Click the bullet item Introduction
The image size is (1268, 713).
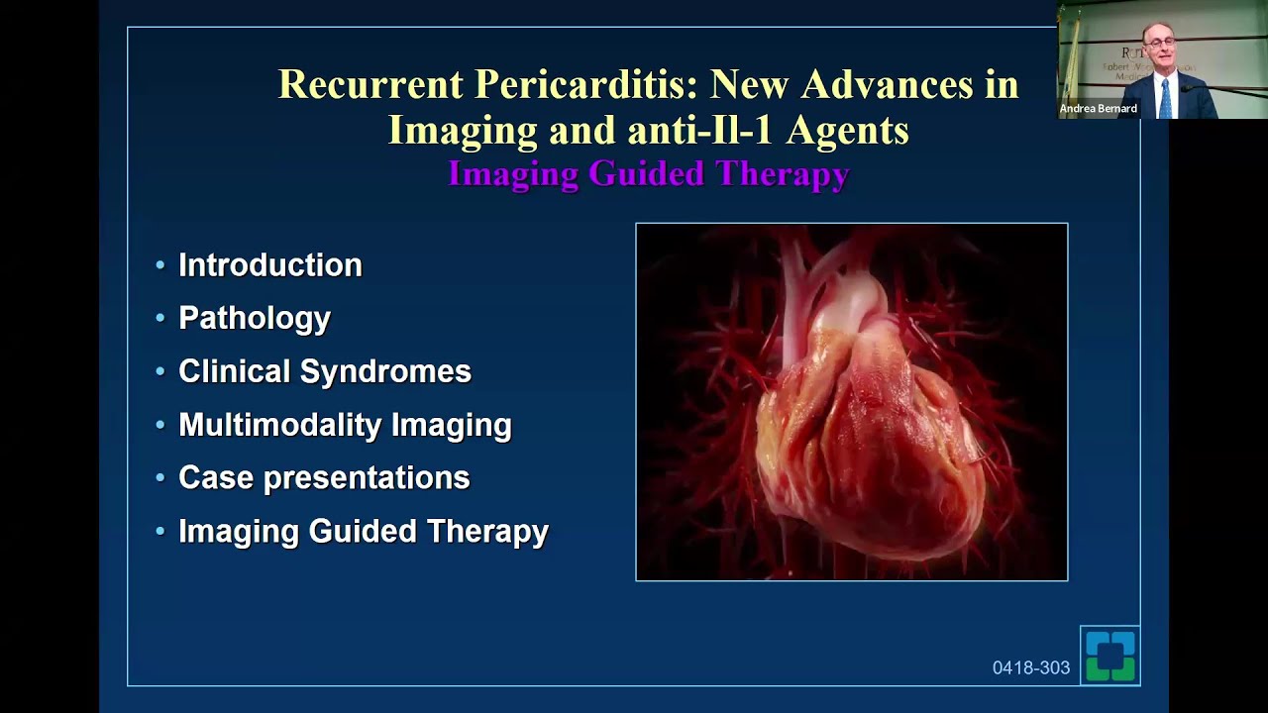point(269,265)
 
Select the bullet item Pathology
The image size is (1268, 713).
point(254,319)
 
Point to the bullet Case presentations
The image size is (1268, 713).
point(323,478)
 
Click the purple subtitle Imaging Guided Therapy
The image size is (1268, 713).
point(648,174)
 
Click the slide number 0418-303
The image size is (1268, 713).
point(1030,668)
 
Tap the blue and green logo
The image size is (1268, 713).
point(1109,656)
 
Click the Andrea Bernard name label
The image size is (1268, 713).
point(1098,109)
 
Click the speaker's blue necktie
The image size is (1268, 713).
point(1165,98)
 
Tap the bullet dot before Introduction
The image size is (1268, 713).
point(160,265)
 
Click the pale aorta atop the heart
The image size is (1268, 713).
point(842,297)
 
